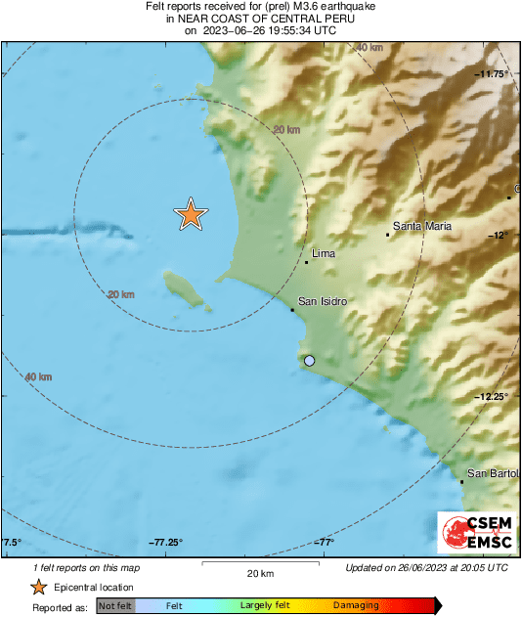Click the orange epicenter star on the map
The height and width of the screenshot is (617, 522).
[191, 214]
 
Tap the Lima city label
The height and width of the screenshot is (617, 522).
[323, 252]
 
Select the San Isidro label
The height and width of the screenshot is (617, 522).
[323, 301]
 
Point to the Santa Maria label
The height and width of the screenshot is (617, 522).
[422, 227]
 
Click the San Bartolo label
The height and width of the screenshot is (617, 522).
[492, 473]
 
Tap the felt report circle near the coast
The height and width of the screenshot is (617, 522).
[310, 361]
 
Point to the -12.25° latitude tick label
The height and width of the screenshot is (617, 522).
[492, 396]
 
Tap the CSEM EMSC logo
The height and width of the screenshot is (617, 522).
[473, 534]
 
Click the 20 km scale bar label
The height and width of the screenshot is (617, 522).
[260, 572]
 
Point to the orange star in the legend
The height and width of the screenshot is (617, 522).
[38, 587]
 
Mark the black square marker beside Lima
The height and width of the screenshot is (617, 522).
[306, 262]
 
